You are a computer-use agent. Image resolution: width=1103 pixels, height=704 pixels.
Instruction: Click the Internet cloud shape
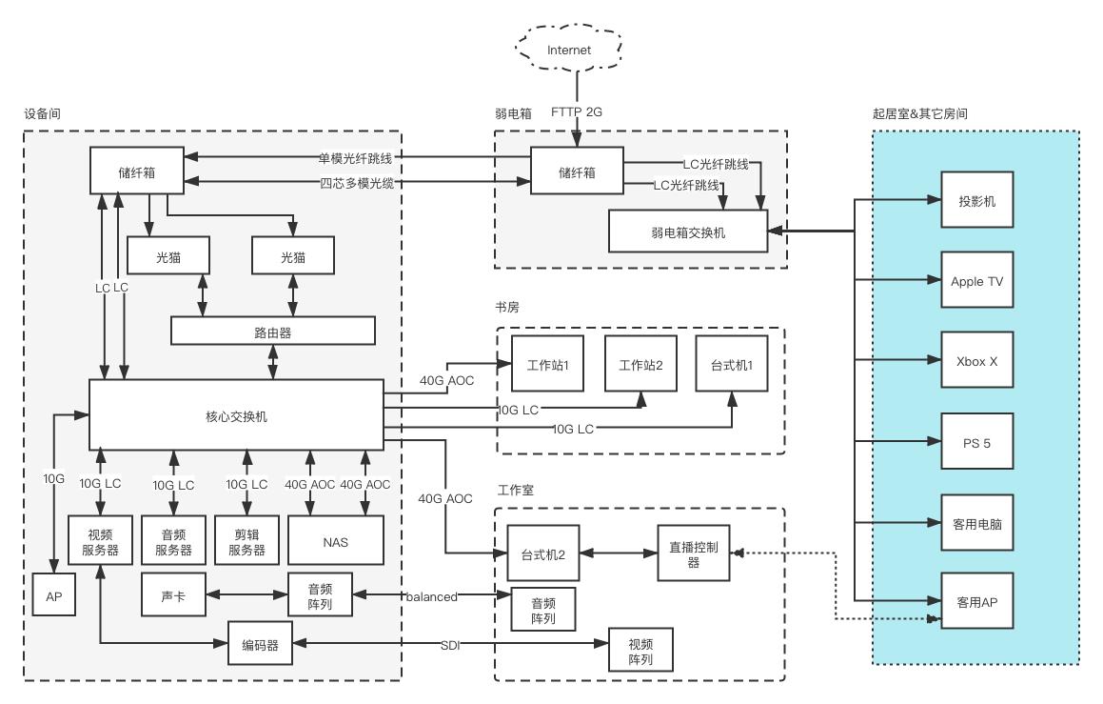569,50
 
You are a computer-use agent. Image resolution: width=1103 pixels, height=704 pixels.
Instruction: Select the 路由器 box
273,331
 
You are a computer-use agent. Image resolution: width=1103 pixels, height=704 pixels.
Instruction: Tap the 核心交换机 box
236,415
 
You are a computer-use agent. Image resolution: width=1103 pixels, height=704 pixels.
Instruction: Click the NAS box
335,542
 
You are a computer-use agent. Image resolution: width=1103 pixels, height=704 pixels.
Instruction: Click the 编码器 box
260,645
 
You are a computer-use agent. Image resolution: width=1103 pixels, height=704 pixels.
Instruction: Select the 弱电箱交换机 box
687,231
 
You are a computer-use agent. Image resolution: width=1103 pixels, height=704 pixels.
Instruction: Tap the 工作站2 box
640,364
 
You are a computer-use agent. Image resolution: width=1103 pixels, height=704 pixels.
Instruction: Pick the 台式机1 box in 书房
732,364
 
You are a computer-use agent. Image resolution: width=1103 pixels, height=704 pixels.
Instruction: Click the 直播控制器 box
694,553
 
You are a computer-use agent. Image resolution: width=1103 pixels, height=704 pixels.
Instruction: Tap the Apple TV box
976,281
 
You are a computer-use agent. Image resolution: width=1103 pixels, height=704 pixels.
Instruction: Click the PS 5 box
976,441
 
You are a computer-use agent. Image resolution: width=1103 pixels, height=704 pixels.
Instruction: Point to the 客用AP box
976,601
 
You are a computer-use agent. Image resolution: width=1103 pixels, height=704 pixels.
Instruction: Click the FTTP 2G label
577,112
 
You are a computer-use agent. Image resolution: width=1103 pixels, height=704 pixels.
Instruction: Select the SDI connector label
450,645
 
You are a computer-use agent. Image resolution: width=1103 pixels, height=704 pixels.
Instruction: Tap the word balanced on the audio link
433,596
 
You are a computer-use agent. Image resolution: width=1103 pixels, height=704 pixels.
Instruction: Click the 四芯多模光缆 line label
356,182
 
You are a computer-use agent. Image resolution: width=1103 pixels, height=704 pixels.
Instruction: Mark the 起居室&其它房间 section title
920,113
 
